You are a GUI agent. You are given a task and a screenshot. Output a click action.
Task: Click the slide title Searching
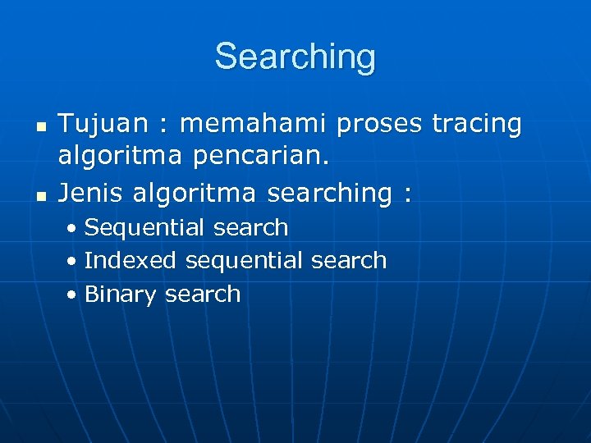295,57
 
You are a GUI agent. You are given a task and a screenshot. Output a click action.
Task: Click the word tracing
477,125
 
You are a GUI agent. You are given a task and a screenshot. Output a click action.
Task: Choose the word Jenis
89,193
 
